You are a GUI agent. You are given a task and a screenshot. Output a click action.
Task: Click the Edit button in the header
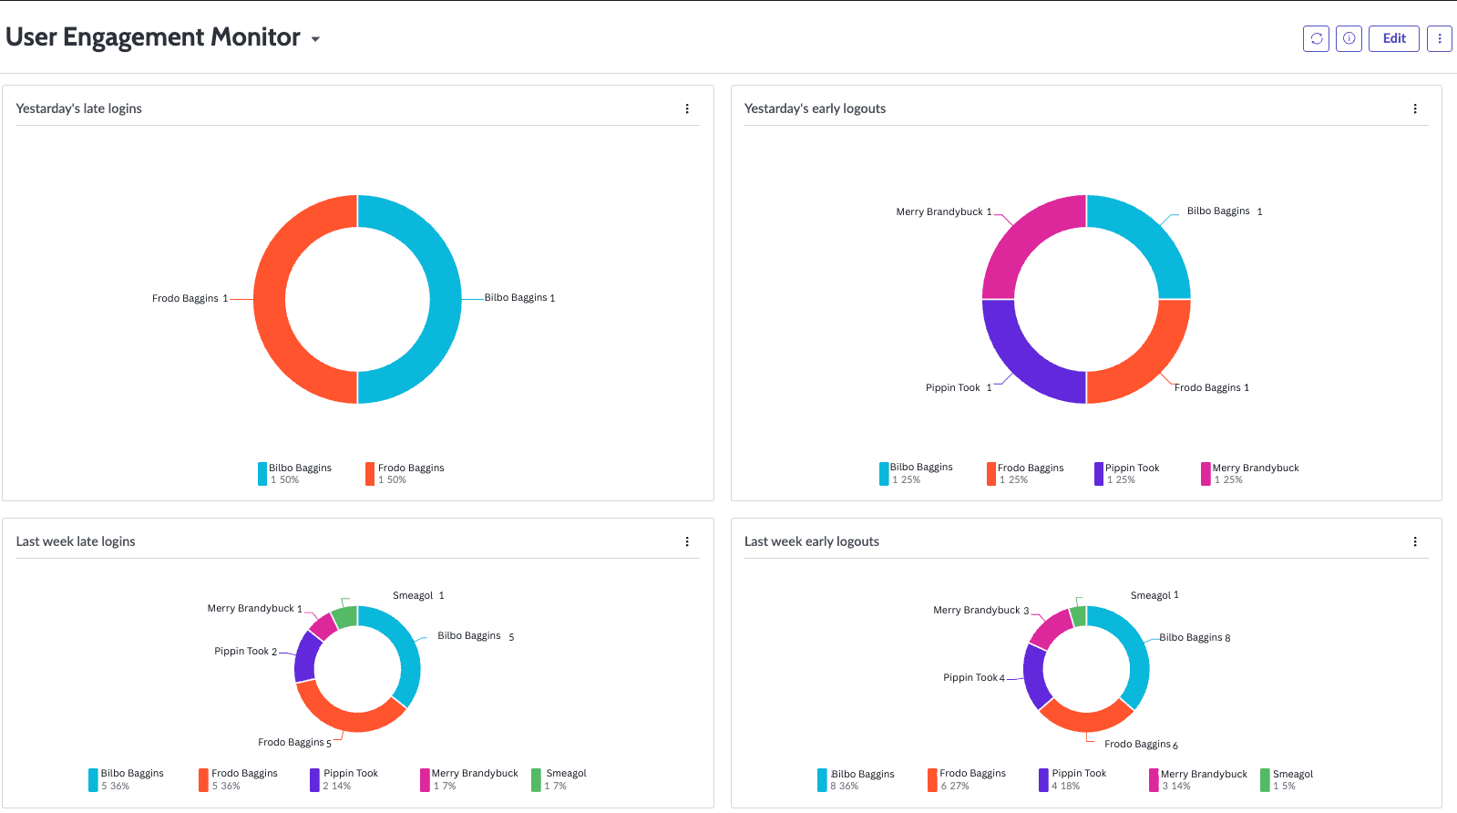pyautogui.click(x=1393, y=38)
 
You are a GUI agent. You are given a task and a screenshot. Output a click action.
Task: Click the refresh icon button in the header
pyautogui.click(x=1316, y=38)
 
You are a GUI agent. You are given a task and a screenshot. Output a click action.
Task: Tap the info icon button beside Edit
pyautogui.click(x=1349, y=38)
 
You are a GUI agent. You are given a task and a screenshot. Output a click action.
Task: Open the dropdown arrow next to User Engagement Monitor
pyautogui.click(x=315, y=39)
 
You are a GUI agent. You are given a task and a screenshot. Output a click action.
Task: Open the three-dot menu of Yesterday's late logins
pyautogui.click(x=687, y=108)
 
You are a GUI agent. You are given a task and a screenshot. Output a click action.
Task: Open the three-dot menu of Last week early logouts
pyautogui.click(x=1415, y=541)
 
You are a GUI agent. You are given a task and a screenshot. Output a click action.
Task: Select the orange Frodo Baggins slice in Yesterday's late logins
pyautogui.click(x=271, y=299)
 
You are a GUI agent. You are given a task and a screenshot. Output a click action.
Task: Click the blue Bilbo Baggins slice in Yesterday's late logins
pyautogui.click(x=445, y=299)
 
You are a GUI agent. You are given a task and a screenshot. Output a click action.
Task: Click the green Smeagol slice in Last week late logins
pyautogui.click(x=345, y=617)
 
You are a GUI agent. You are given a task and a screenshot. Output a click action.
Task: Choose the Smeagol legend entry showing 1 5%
pyautogui.click(x=1292, y=779)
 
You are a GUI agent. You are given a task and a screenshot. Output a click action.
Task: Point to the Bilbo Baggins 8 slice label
pyautogui.click(x=1194, y=638)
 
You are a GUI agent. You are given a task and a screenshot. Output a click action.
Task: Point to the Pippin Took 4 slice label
pyautogui.click(x=973, y=678)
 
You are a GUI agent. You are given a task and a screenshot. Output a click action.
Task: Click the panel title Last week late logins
pyautogui.click(x=76, y=541)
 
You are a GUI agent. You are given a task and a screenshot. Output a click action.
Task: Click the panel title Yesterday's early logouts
pyautogui.click(x=815, y=108)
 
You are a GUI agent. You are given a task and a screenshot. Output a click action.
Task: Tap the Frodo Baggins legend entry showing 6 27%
pyautogui.click(x=971, y=779)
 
